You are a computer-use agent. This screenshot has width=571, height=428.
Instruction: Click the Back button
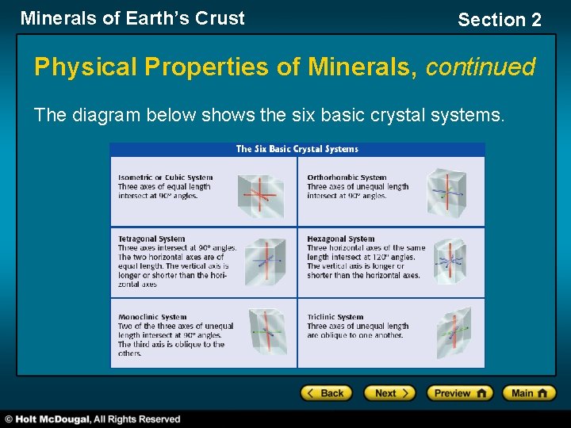point(325,393)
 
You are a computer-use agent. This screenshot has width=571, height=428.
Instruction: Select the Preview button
point(460,393)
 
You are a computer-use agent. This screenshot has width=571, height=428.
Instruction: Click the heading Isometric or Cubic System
point(165,178)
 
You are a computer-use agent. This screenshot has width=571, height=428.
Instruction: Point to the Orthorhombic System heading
point(347,178)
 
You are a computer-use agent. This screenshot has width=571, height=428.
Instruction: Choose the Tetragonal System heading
point(151,239)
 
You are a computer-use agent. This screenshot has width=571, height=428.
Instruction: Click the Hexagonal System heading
point(341,239)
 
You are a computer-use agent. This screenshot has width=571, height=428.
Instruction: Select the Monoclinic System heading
point(152,317)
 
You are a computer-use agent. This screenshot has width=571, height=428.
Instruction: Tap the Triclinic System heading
point(336,317)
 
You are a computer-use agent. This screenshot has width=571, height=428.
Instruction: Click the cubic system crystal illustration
point(261,193)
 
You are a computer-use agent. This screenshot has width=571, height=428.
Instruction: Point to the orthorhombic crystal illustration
point(447,191)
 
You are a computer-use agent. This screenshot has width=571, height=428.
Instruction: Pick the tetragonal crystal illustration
point(264,262)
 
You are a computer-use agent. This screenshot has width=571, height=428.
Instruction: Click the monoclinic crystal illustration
point(266,332)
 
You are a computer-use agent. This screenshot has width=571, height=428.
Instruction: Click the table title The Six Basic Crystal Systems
point(297,149)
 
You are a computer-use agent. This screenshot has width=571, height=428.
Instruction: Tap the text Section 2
point(500,20)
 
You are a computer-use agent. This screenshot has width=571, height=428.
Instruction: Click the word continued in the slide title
point(481,67)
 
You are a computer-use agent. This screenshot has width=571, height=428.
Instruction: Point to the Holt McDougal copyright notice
point(93,419)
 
